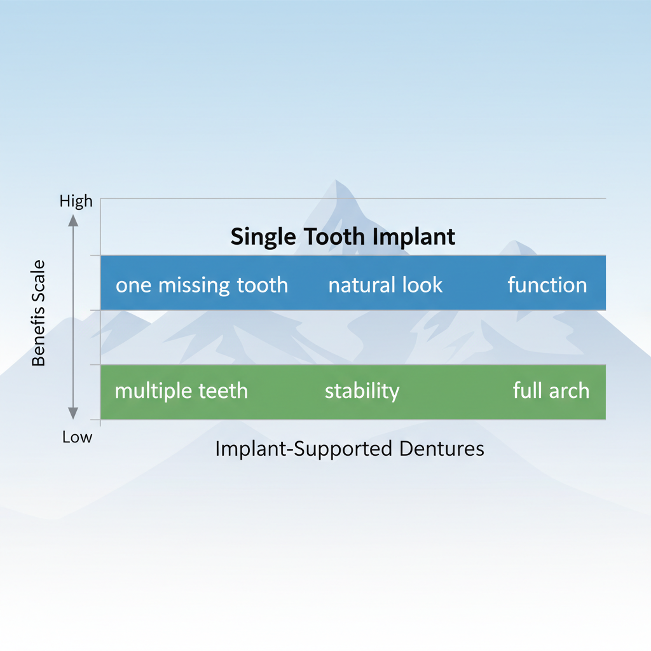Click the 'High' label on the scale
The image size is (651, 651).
point(76,202)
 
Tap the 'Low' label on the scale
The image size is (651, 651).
point(77,437)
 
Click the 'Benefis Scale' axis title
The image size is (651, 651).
point(39,312)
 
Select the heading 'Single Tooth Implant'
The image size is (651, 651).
point(343,236)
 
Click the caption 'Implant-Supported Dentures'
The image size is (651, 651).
point(350,449)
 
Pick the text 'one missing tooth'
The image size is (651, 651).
point(202,285)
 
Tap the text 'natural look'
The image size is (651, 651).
point(385,285)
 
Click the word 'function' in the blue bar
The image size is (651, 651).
point(547,285)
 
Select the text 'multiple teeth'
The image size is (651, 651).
point(181,390)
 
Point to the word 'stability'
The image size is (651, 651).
point(362,390)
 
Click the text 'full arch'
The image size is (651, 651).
point(551,390)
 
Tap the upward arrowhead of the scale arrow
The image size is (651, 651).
point(72,221)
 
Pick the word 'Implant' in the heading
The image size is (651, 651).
point(415,237)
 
